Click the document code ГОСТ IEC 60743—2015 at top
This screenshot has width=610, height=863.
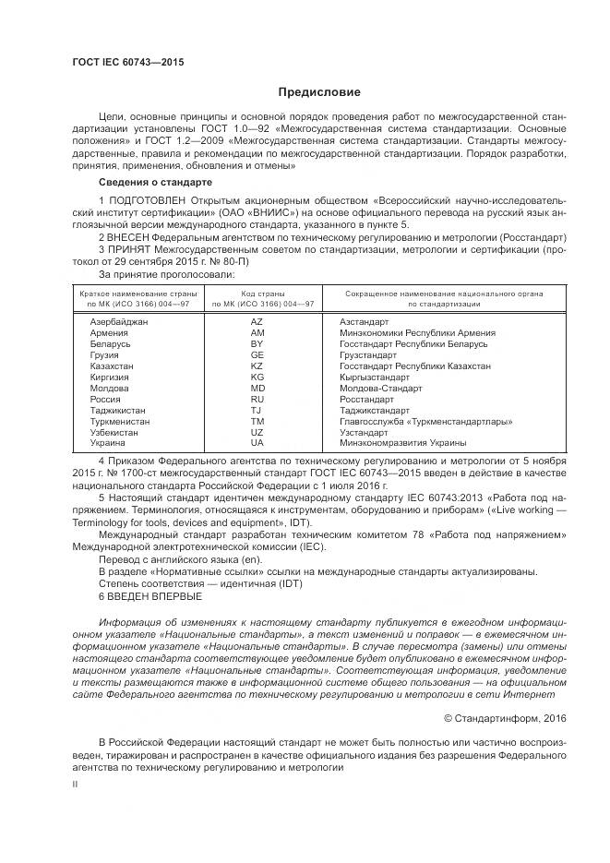click(120, 61)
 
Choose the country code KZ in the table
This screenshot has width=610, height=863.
click(257, 366)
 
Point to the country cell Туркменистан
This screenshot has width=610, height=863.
click(120, 422)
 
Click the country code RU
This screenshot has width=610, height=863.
click(257, 400)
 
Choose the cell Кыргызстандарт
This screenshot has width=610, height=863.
click(374, 378)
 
